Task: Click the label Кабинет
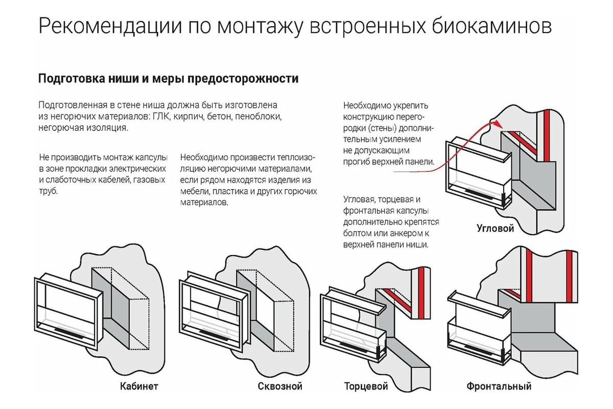point(139,386)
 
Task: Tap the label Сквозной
point(280,386)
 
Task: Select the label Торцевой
point(366,386)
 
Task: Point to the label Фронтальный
point(499,386)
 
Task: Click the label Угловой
point(495,228)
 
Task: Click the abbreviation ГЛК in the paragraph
point(160,117)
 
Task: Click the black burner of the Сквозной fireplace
point(215,333)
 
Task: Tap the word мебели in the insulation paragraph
point(193,191)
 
